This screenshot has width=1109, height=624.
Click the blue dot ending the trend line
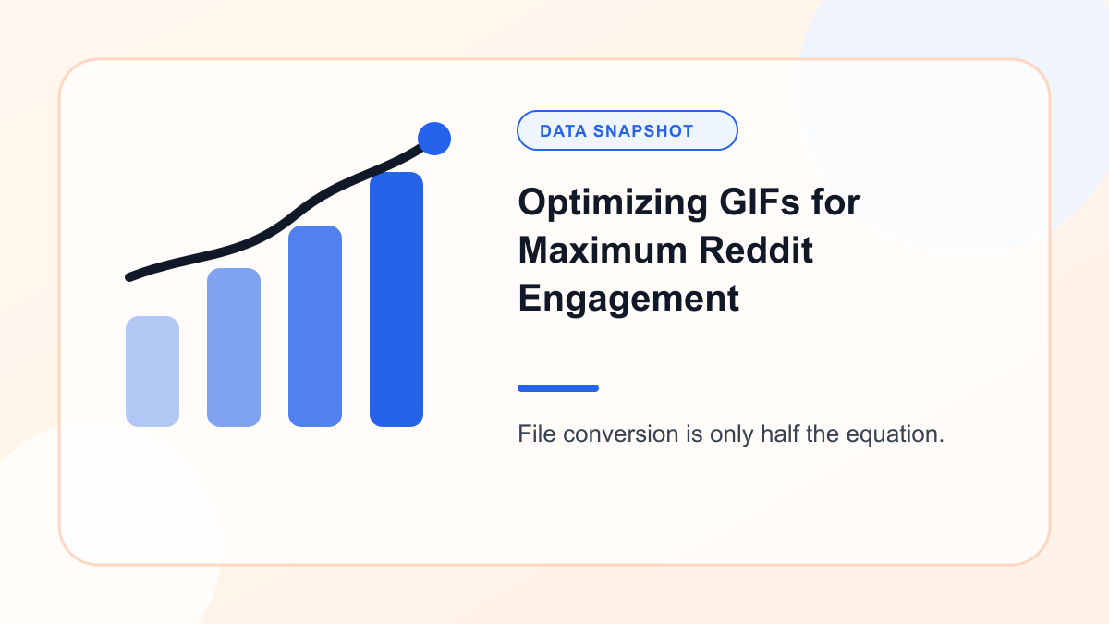coord(434,139)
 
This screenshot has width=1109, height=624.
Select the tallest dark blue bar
coord(396,300)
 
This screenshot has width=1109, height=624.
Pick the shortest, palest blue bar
coord(152,372)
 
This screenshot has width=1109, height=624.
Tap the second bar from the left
coord(234,348)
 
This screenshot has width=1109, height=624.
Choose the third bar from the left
coord(315,325)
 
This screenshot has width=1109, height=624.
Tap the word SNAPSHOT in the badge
coord(643,131)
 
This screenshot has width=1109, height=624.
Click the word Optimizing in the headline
coord(613,203)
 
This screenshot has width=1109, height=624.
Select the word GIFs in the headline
coord(759,202)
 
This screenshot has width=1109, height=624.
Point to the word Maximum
coord(603,251)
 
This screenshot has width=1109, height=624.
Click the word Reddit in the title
coord(756,251)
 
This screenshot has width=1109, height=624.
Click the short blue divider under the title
coord(558,388)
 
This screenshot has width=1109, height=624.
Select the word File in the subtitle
coord(537,434)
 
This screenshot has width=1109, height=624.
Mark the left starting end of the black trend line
coord(129,277)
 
